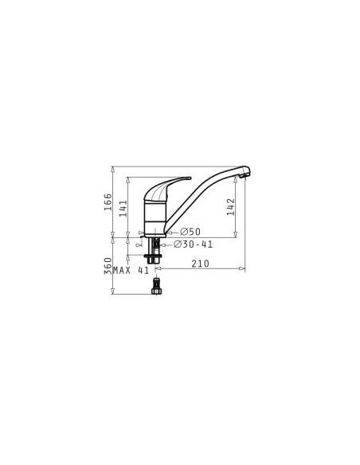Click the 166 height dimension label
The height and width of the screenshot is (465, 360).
point(108,202)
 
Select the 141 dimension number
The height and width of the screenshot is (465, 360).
point(123,208)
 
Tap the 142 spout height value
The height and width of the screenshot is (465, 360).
point(231,207)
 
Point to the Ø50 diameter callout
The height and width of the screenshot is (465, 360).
point(190,232)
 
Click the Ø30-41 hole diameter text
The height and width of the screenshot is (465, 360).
point(193,244)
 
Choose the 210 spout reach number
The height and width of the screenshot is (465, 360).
point(200,264)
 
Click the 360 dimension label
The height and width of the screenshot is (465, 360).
point(108,266)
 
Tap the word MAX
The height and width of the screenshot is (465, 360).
point(122,271)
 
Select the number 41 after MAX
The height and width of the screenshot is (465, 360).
point(143,271)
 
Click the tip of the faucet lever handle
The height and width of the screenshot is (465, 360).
point(190,178)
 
